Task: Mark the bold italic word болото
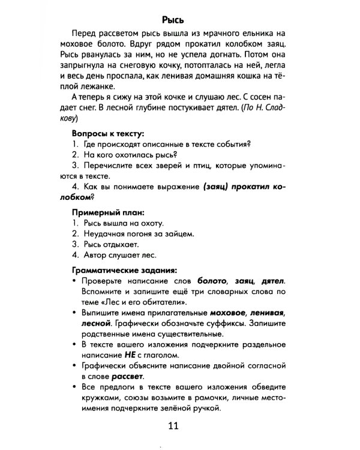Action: (x=211, y=280)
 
